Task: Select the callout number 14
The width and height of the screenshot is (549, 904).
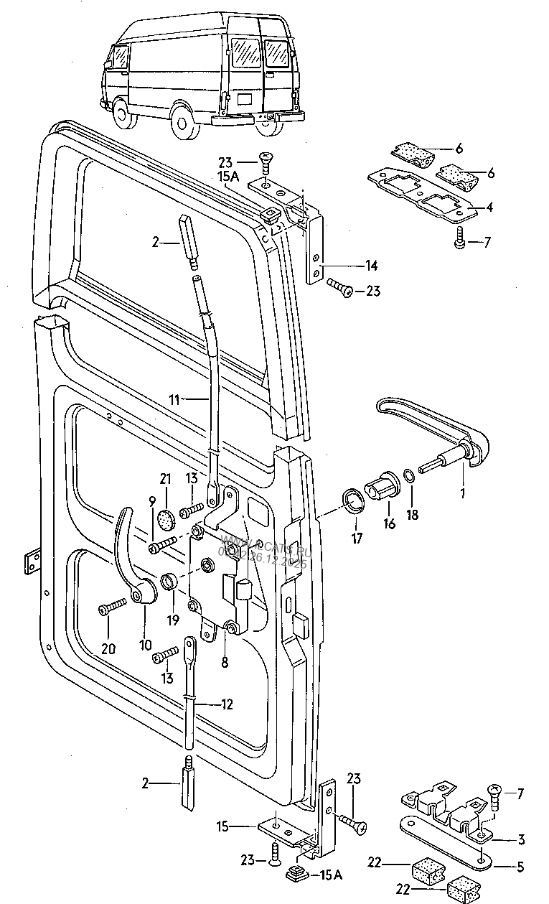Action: (371, 266)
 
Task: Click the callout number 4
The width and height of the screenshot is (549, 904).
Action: (489, 208)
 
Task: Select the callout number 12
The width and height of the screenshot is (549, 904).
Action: (226, 705)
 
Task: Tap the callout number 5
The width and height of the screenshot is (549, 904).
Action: (521, 867)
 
